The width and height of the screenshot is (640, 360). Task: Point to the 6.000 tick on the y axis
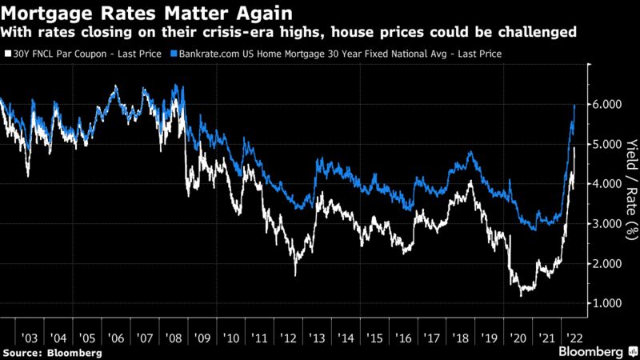click(x=607, y=105)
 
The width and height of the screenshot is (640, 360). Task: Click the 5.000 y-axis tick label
click(x=607, y=145)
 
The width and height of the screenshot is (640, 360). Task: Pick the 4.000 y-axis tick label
click(x=607, y=184)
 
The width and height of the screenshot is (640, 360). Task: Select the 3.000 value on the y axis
click(x=607, y=224)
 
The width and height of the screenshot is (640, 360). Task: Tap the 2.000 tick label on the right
click(x=607, y=264)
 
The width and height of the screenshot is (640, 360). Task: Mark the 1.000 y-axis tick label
click(x=607, y=304)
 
